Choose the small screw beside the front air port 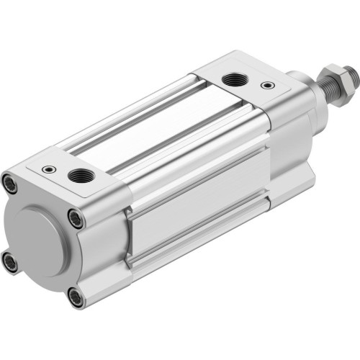point(269,86)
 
